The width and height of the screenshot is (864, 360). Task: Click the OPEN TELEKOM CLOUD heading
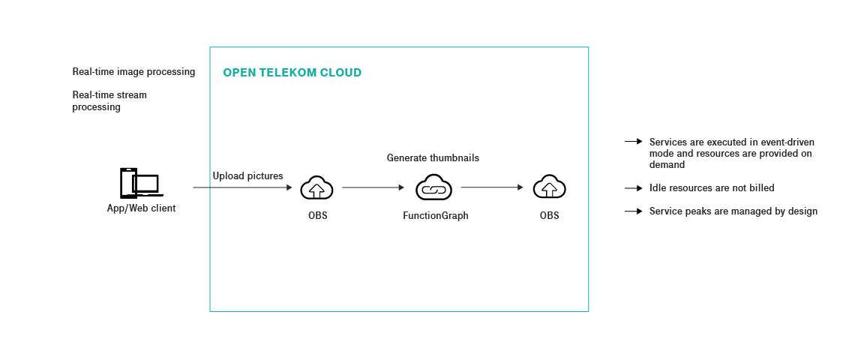pyautogui.click(x=292, y=73)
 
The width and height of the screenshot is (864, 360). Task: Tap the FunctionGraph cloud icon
pyautogui.click(x=433, y=187)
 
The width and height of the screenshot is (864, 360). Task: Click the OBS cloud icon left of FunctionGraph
pyautogui.click(x=316, y=187)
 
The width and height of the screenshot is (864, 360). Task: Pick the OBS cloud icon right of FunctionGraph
pyautogui.click(x=549, y=187)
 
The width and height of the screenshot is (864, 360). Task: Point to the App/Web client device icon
pyautogui.click(x=140, y=184)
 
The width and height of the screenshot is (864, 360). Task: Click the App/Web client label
pyautogui.click(x=141, y=208)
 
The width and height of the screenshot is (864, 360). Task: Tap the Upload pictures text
pyautogui.click(x=247, y=175)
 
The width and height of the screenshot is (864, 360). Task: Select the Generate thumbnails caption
pyautogui.click(x=433, y=158)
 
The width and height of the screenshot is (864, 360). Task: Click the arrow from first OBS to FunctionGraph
pyautogui.click(x=373, y=187)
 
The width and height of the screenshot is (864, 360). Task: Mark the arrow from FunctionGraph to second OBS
pyautogui.click(x=492, y=187)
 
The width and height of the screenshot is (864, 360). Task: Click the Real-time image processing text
pyautogui.click(x=133, y=72)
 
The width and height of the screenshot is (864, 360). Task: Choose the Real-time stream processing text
pyautogui.click(x=109, y=101)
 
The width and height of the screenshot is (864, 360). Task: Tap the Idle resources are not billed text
pyautogui.click(x=712, y=188)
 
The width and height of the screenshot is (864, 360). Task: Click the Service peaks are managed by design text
pyautogui.click(x=733, y=211)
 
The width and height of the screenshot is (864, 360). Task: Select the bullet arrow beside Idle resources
pyautogui.click(x=634, y=188)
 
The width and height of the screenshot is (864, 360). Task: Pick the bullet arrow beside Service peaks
pyautogui.click(x=634, y=211)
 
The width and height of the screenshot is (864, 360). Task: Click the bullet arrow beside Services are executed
pyautogui.click(x=634, y=142)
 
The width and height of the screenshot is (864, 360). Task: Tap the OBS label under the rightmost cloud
pyautogui.click(x=549, y=216)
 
